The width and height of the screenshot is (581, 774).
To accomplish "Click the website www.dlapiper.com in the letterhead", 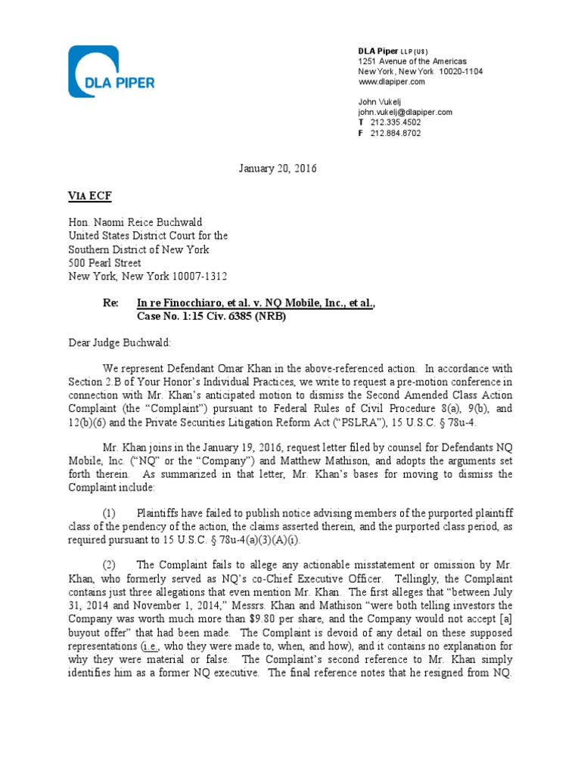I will [391, 82].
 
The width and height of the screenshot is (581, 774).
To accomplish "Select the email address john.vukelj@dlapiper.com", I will [405, 112].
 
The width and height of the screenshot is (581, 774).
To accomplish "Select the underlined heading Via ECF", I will [89, 196].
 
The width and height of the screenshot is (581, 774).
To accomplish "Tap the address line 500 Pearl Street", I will [105, 263].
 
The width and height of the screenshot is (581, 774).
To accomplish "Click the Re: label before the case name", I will [111, 303].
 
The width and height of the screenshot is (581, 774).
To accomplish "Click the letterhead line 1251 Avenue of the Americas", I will [412, 60].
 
